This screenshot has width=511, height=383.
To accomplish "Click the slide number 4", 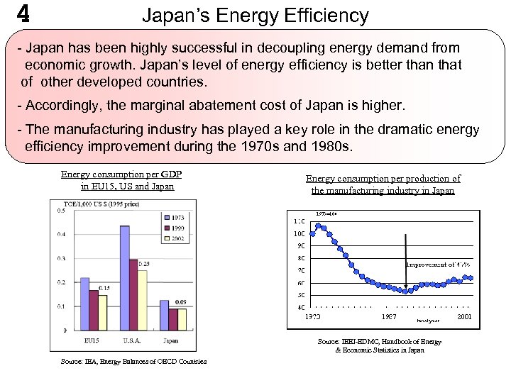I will (23, 14).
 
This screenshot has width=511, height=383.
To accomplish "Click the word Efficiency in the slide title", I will (332, 16).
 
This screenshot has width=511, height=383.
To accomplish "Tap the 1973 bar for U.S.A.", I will (125, 277).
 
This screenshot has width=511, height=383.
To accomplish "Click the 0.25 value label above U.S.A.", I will (143, 265).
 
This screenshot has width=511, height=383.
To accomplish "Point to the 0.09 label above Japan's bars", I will (181, 303).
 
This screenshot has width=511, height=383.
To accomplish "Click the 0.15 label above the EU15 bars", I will (104, 288).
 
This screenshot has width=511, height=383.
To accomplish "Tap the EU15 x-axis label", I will (92, 340).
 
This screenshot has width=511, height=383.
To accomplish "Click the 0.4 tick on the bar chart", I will (62, 234).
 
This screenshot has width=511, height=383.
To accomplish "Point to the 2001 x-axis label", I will (463, 317).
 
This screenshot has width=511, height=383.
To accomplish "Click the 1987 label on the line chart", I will (389, 317).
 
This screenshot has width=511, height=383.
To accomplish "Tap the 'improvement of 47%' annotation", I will (438, 265).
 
